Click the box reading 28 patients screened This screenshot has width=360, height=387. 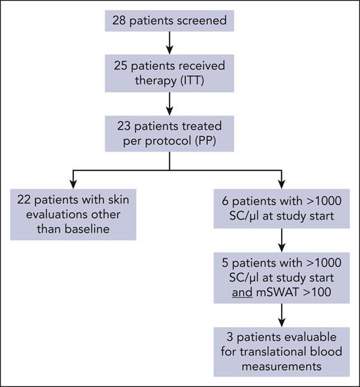170,21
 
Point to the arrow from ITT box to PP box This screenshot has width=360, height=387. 170,101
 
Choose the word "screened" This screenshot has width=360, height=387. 197,21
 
